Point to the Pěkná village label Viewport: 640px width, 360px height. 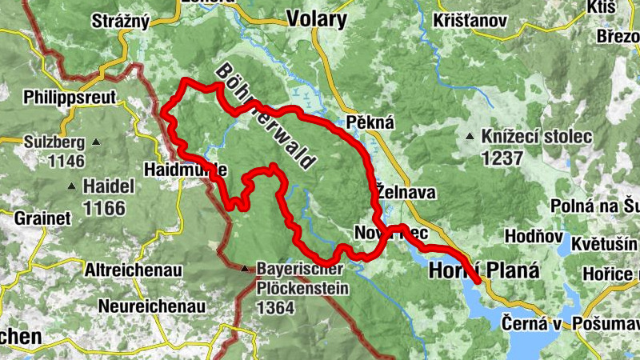[x=367, y=122]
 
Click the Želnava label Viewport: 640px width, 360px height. [x=405, y=193]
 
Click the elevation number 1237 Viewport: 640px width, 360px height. [x=502, y=158]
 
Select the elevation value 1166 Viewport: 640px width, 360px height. [x=105, y=209]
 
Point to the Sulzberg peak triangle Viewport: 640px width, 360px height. [x=97, y=142]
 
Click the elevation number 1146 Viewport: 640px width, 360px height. [x=66, y=162]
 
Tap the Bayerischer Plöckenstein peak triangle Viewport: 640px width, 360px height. [x=245, y=269]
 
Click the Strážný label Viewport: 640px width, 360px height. [x=121, y=20]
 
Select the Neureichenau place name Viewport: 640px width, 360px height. [x=152, y=306]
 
